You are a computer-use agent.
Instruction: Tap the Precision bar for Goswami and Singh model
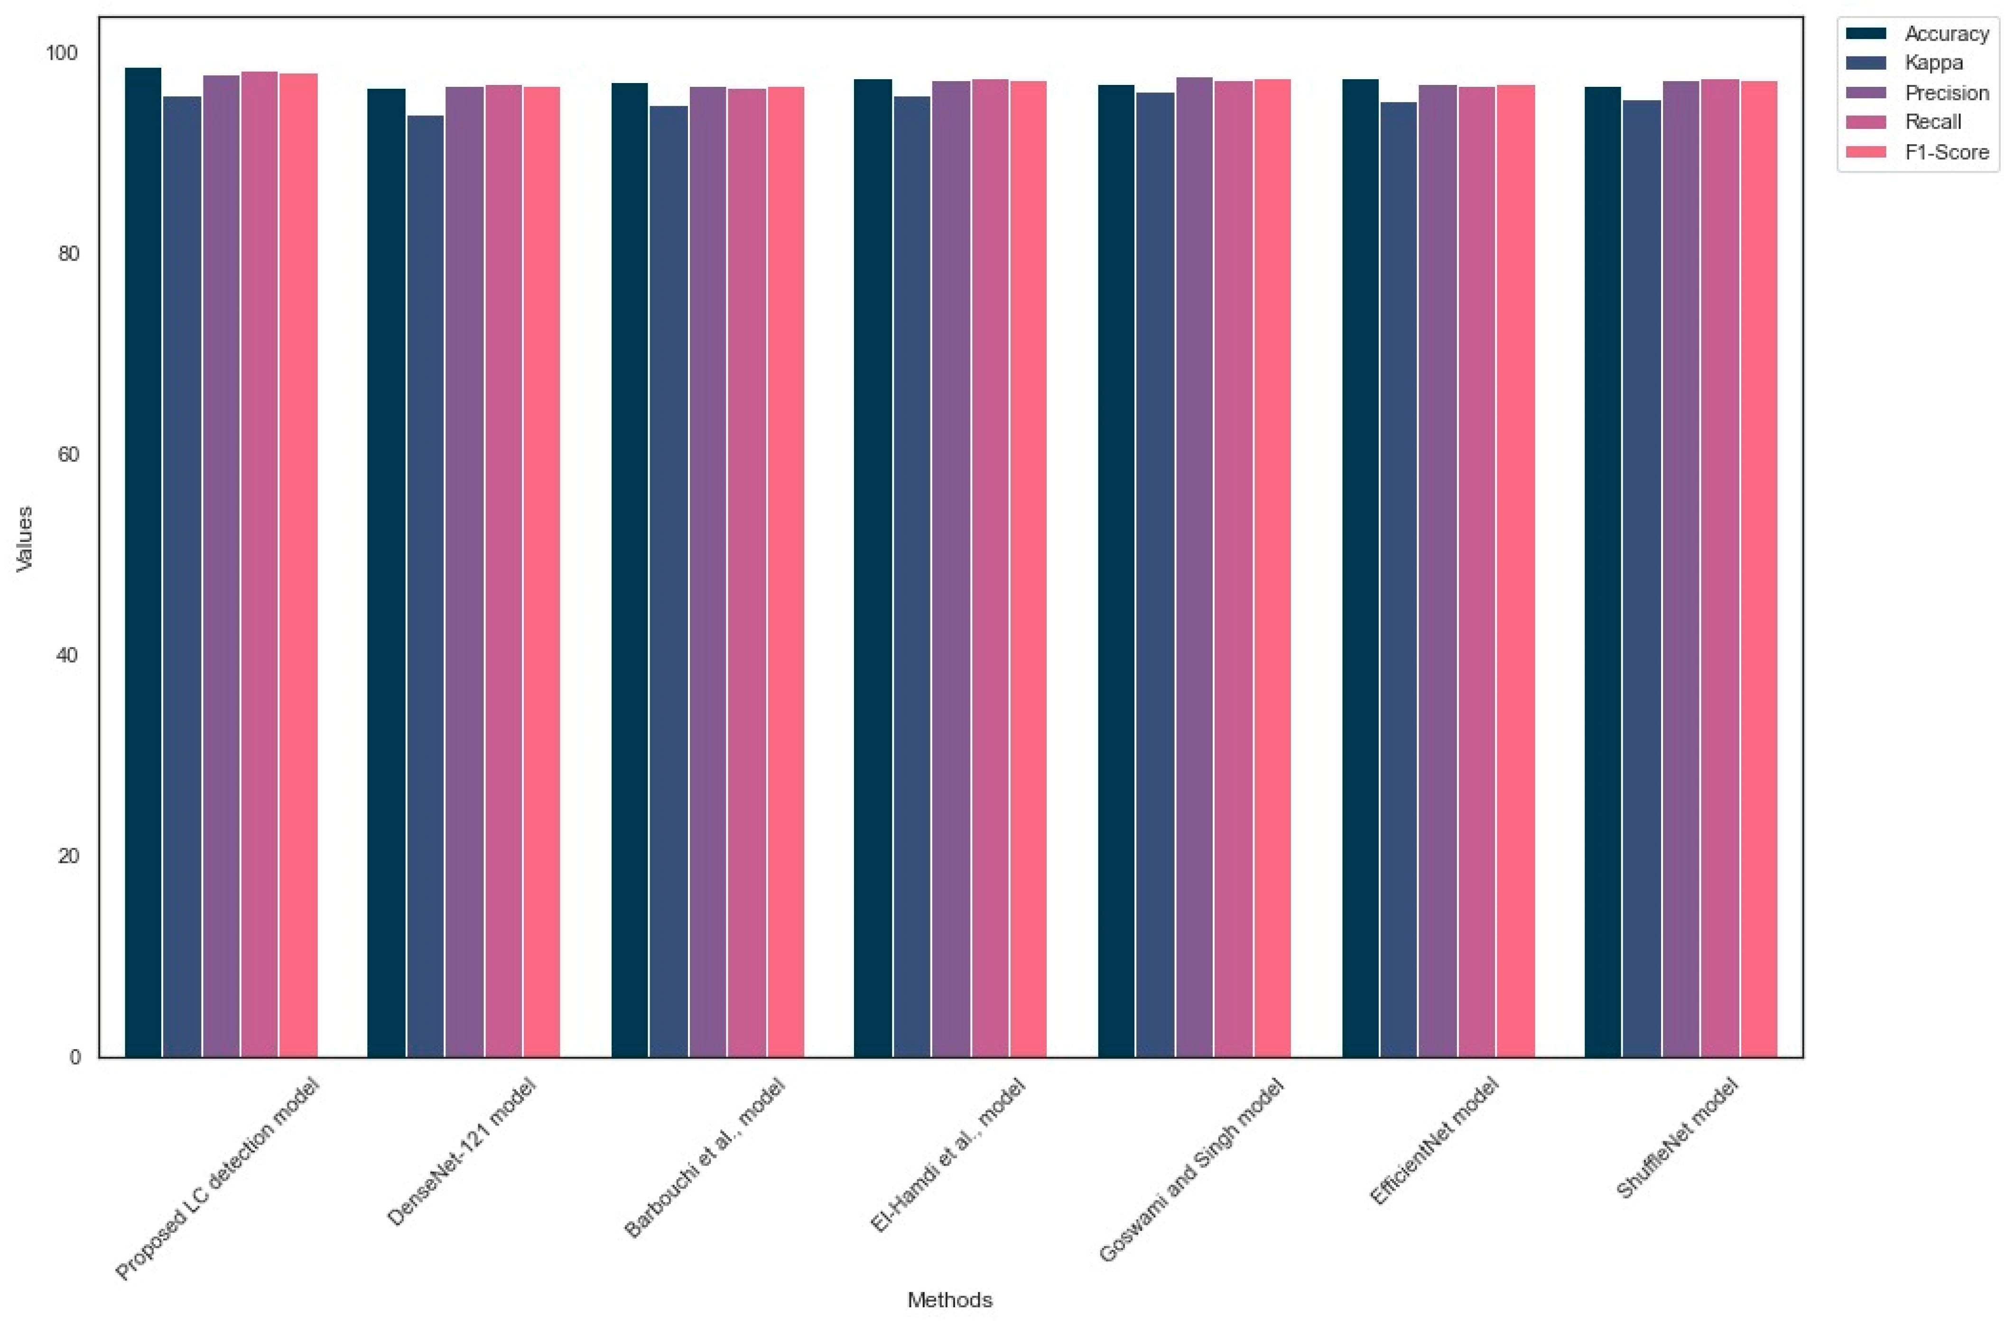coord(1194,568)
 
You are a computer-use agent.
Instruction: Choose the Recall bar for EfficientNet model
coord(1476,572)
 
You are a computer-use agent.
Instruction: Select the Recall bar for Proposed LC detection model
coord(259,564)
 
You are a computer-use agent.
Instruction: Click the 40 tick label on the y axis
coord(68,655)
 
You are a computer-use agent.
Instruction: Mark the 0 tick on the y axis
coord(74,1057)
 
